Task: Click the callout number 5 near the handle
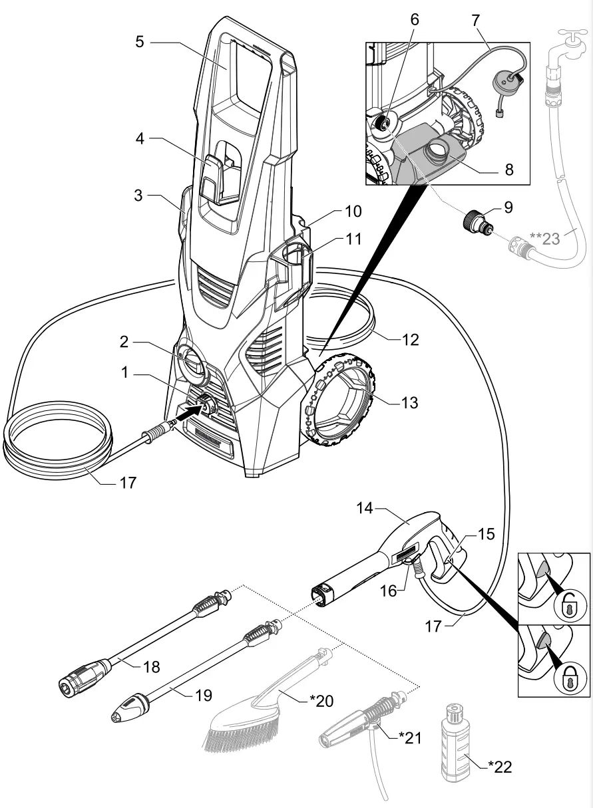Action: coord(139,42)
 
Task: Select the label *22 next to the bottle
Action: coord(500,767)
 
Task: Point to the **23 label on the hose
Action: coord(544,237)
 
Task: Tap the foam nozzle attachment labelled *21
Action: coord(346,732)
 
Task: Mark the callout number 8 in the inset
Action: coord(509,169)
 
